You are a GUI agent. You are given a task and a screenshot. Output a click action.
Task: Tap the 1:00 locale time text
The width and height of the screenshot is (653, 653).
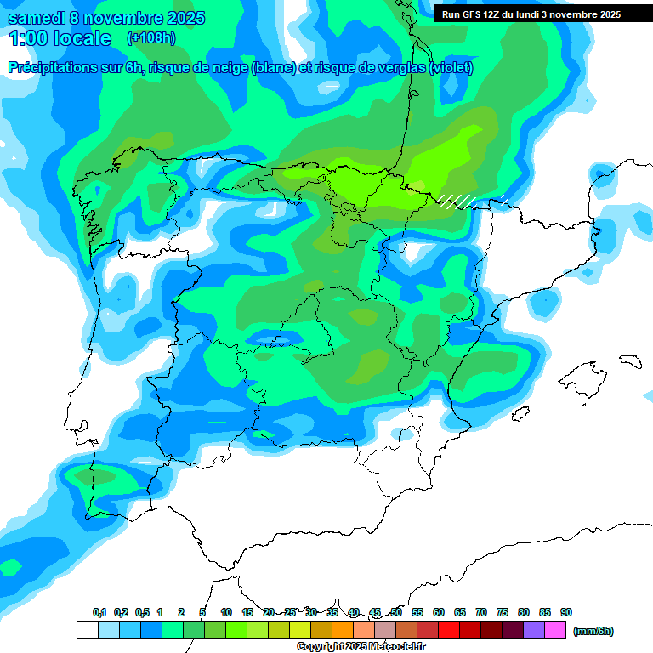(60, 39)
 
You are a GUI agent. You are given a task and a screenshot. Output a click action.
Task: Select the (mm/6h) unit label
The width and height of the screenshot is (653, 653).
(593, 631)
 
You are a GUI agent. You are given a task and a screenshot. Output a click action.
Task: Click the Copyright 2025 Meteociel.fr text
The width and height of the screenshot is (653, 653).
(361, 647)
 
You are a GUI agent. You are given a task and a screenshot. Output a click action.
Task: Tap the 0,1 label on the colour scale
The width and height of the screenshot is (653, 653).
(99, 613)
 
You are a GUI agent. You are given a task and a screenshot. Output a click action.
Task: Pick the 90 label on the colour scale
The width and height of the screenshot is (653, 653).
(566, 613)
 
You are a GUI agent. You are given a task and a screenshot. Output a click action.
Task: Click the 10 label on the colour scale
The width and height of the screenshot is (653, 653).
(226, 613)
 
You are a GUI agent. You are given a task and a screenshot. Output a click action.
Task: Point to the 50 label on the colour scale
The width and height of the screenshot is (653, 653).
(396, 613)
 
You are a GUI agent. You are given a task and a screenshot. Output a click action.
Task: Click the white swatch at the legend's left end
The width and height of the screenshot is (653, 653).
(87, 630)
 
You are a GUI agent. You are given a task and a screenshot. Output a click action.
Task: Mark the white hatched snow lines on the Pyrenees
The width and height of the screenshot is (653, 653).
(456, 201)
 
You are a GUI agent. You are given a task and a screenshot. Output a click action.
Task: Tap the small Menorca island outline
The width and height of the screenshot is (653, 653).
(629, 361)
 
